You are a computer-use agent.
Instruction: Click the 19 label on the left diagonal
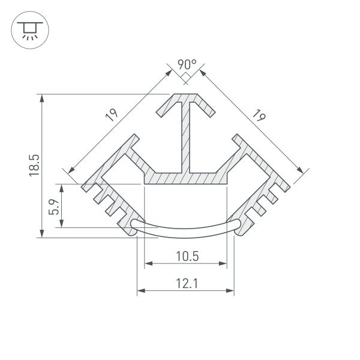pyautogui.click(x=113, y=115)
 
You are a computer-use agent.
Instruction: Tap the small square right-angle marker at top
pyautogui.click(x=186, y=76)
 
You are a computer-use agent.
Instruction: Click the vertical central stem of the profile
pyautogui.click(x=186, y=138)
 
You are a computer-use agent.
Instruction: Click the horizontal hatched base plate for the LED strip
pyautogui.click(x=186, y=178)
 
